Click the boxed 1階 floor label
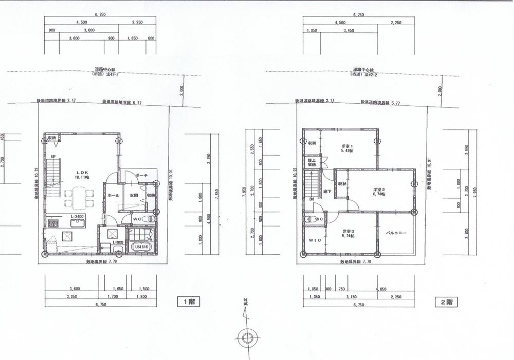pos(188,301)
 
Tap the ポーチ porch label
pos(142,176)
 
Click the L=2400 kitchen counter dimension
pos(77,217)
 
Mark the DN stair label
pos(311,200)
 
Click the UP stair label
pos(53,157)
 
